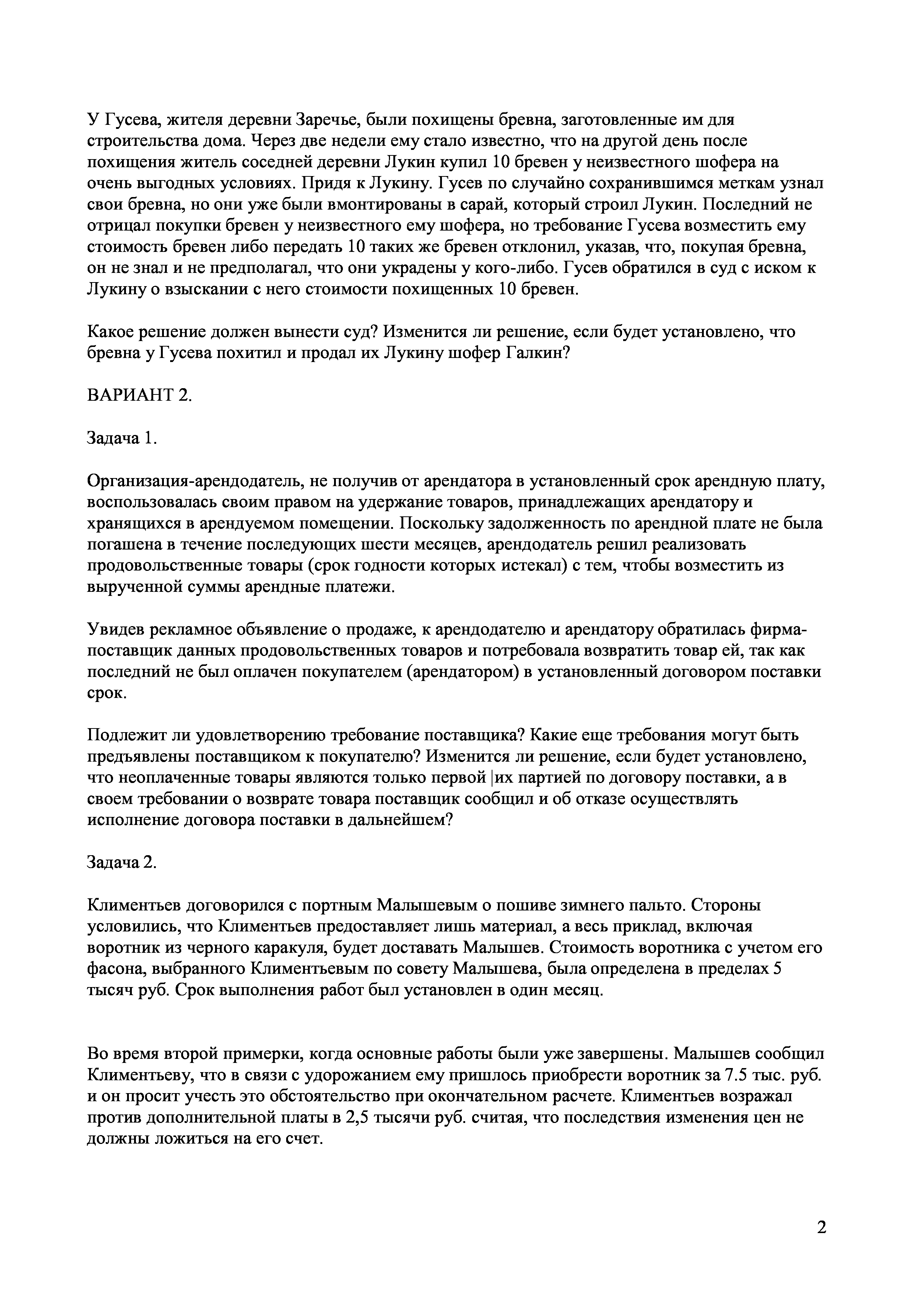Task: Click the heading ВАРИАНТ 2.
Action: click(x=140, y=395)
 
